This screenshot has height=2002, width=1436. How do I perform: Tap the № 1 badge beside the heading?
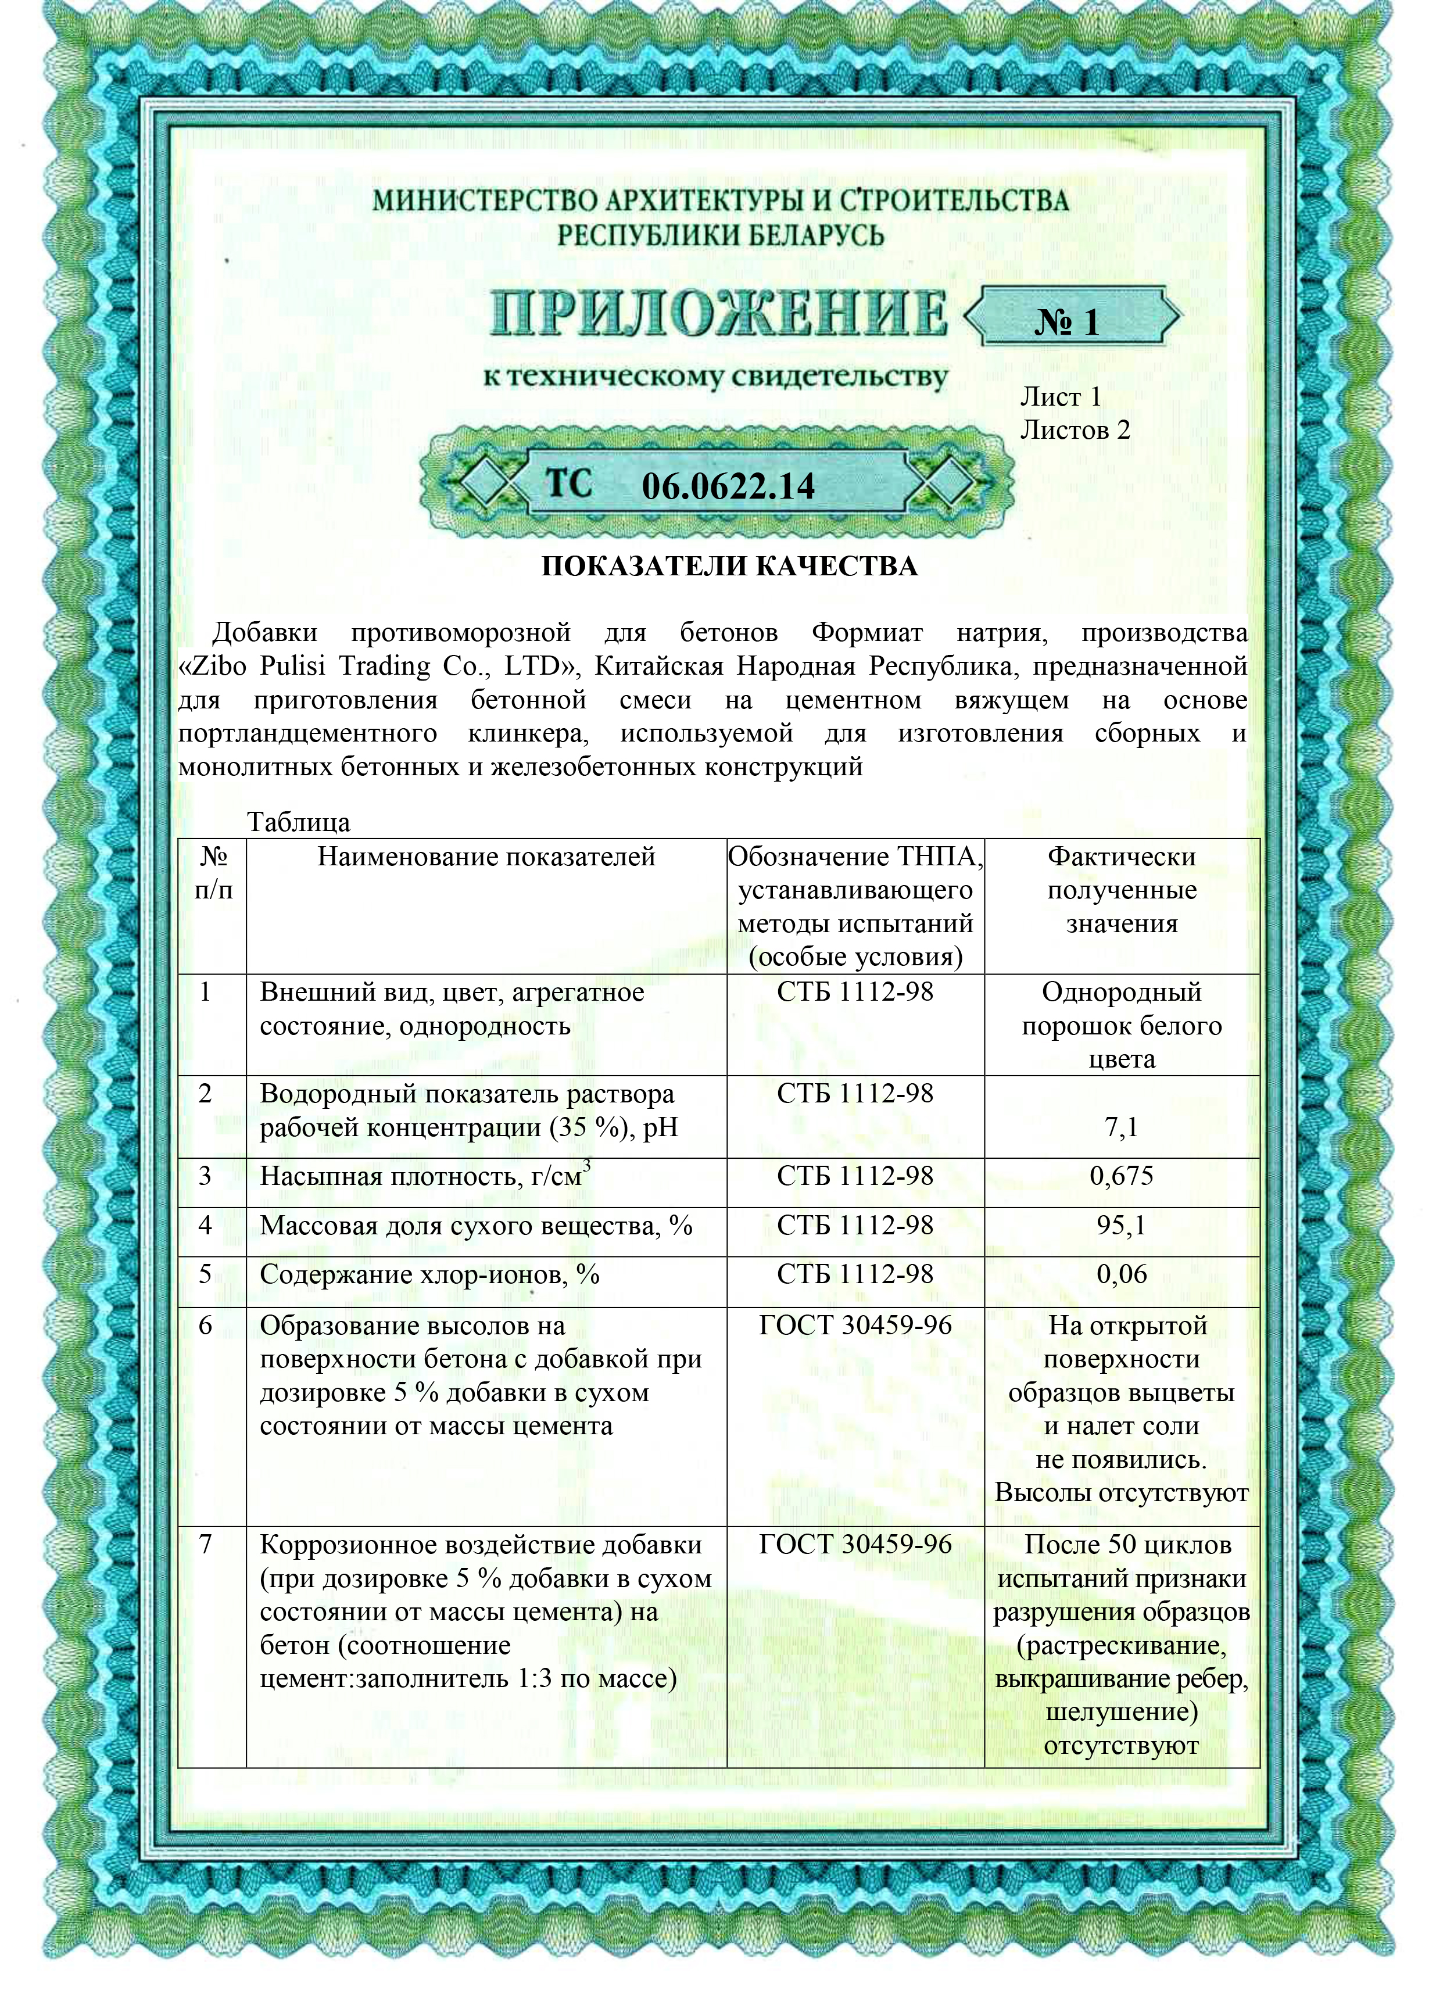[1066, 322]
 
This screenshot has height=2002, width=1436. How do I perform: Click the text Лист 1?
[1060, 397]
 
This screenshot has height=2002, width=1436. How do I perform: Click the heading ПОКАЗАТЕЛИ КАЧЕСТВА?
[729, 566]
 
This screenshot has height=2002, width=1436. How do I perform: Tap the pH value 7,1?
[1121, 1127]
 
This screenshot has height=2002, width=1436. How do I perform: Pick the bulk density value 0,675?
[1121, 1176]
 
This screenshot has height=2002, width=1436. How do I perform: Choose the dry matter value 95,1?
[1121, 1225]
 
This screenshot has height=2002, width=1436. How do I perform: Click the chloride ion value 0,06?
[1121, 1274]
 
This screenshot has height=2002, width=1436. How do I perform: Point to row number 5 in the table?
[206, 1274]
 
